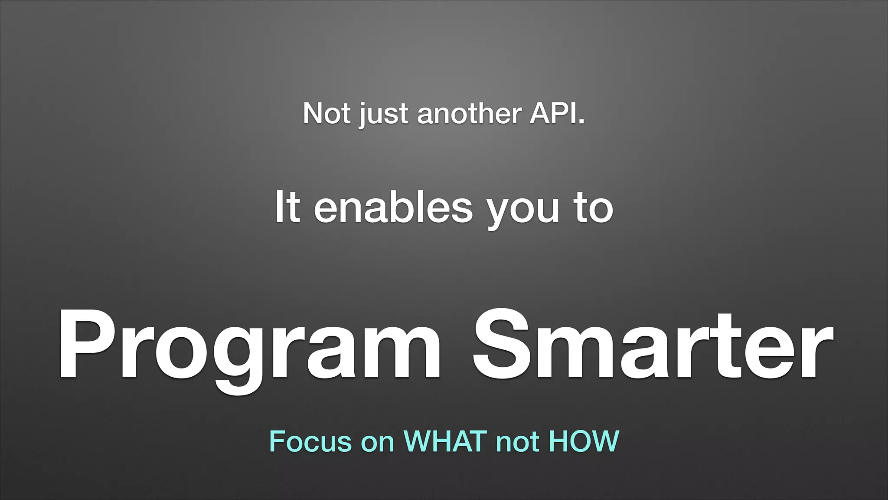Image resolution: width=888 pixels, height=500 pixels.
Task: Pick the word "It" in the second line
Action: point(287,207)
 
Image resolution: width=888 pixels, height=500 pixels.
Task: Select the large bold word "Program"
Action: point(249,347)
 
